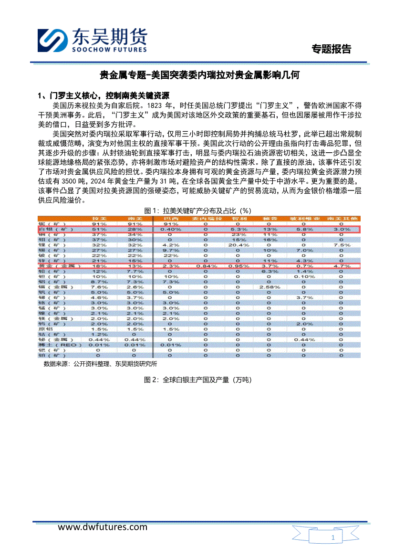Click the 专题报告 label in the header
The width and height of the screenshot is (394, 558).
coord(331,49)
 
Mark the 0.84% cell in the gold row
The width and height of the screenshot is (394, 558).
coord(205,266)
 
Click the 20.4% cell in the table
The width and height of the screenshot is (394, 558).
coord(238,245)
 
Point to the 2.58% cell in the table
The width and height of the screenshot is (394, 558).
coord(269,287)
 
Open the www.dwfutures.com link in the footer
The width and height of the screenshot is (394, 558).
coord(103,527)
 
